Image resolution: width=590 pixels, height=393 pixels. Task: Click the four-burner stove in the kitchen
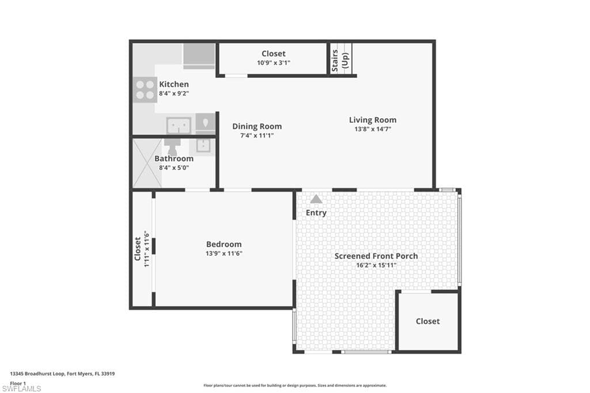pyautogui.click(x=145, y=89)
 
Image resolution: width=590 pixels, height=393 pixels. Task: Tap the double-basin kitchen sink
pyautogui.click(x=179, y=125)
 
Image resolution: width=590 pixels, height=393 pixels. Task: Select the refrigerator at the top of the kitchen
pyautogui.click(x=199, y=56)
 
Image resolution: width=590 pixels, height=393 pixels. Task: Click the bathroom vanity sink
pyautogui.click(x=204, y=145)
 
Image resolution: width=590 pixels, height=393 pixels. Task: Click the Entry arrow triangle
pyautogui.click(x=316, y=199)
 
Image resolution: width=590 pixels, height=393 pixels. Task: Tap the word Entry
pyautogui.click(x=316, y=213)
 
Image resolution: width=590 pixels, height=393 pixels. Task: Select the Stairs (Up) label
pyautogui.click(x=340, y=60)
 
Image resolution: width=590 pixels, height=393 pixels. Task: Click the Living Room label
pyautogui.click(x=373, y=120)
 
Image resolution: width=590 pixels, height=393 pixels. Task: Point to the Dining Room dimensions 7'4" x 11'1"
pyautogui.click(x=257, y=135)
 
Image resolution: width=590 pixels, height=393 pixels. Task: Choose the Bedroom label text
pyautogui.click(x=224, y=244)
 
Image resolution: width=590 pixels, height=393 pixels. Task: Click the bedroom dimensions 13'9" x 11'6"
pyautogui.click(x=224, y=253)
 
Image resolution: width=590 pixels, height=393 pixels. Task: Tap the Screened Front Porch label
pyautogui.click(x=376, y=256)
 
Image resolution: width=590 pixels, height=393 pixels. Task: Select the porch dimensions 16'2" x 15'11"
pyautogui.click(x=376, y=265)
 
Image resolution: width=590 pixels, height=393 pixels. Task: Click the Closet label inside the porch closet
pyautogui.click(x=428, y=321)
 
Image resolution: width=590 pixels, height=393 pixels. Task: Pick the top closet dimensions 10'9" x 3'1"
pyautogui.click(x=273, y=62)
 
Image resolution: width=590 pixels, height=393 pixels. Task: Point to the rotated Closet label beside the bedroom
pyautogui.click(x=138, y=249)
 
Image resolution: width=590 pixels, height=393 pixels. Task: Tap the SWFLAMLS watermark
pyautogui.click(x=21, y=388)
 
